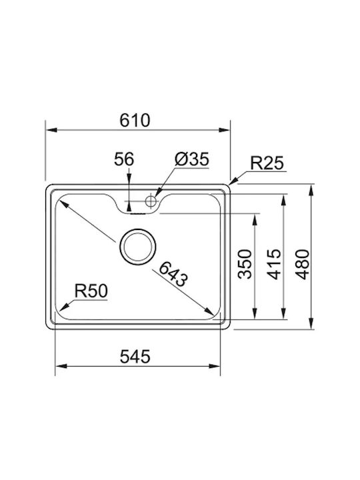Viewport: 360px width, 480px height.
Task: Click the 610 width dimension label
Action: pyautogui.click(x=135, y=120)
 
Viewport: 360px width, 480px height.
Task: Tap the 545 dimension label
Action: pyautogui.click(x=135, y=357)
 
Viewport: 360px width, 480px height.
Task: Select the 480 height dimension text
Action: pyautogui.click(x=303, y=264)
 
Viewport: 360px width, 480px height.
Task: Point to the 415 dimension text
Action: pyautogui.click(x=274, y=264)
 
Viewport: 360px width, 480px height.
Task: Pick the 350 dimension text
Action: pyautogui.click(x=245, y=264)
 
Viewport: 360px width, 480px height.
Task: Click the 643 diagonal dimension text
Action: pyautogui.click(x=173, y=274)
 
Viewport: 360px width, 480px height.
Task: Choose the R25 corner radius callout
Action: pyautogui.click(x=267, y=163)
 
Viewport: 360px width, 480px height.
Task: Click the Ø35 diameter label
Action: pyautogui.click(x=192, y=159)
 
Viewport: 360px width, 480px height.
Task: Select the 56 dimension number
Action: pyautogui.click(x=124, y=159)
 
